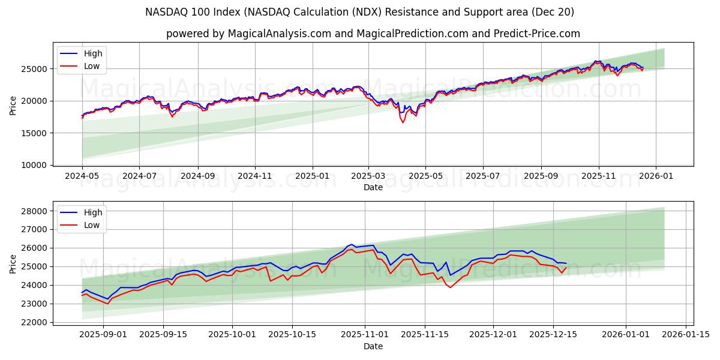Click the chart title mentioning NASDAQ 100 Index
point(359,12)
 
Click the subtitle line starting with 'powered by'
point(373,34)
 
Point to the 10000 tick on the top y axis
point(35,165)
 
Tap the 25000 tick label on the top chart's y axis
point(35,69)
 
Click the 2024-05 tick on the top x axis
point(82,176)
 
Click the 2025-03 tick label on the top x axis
point(368,176)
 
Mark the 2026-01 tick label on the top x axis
point(655,176)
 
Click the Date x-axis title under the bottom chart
point(373,346)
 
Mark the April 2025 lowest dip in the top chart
point(403,122)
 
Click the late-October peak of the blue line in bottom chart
point(352,245)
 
